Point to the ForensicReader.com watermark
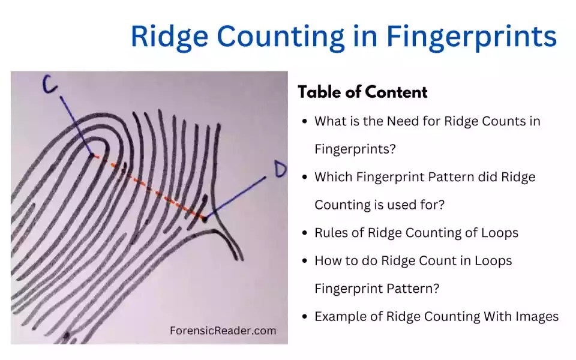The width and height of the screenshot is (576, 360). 223,331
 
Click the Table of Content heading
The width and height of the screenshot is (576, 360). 362,92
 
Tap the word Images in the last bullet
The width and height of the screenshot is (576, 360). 538,316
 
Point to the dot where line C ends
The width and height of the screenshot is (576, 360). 92,155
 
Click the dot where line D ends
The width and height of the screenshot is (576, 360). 205,219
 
